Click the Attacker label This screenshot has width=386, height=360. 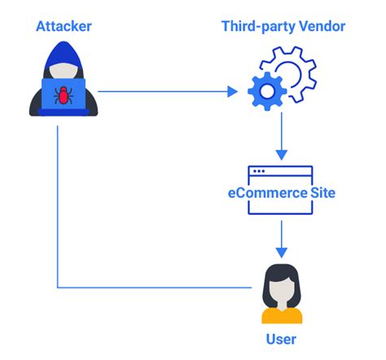pyautogui.click(x=64, y=27)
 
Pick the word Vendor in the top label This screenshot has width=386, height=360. pyautogui.click(x=322, y=27)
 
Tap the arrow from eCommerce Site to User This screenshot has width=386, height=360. pyautogui.click(x=280, y=238)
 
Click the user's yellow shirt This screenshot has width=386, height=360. pyautogui.click(x=281, y=314)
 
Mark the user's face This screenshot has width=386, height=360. pyautogui.click(x=281, y=287)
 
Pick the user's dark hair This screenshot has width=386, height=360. pyautogui.click(x=281, y=271)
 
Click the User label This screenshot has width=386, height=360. pyautogui.click(x=281, y=339)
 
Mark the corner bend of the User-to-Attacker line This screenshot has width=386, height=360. pyautogui.click(x=58, y=288)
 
